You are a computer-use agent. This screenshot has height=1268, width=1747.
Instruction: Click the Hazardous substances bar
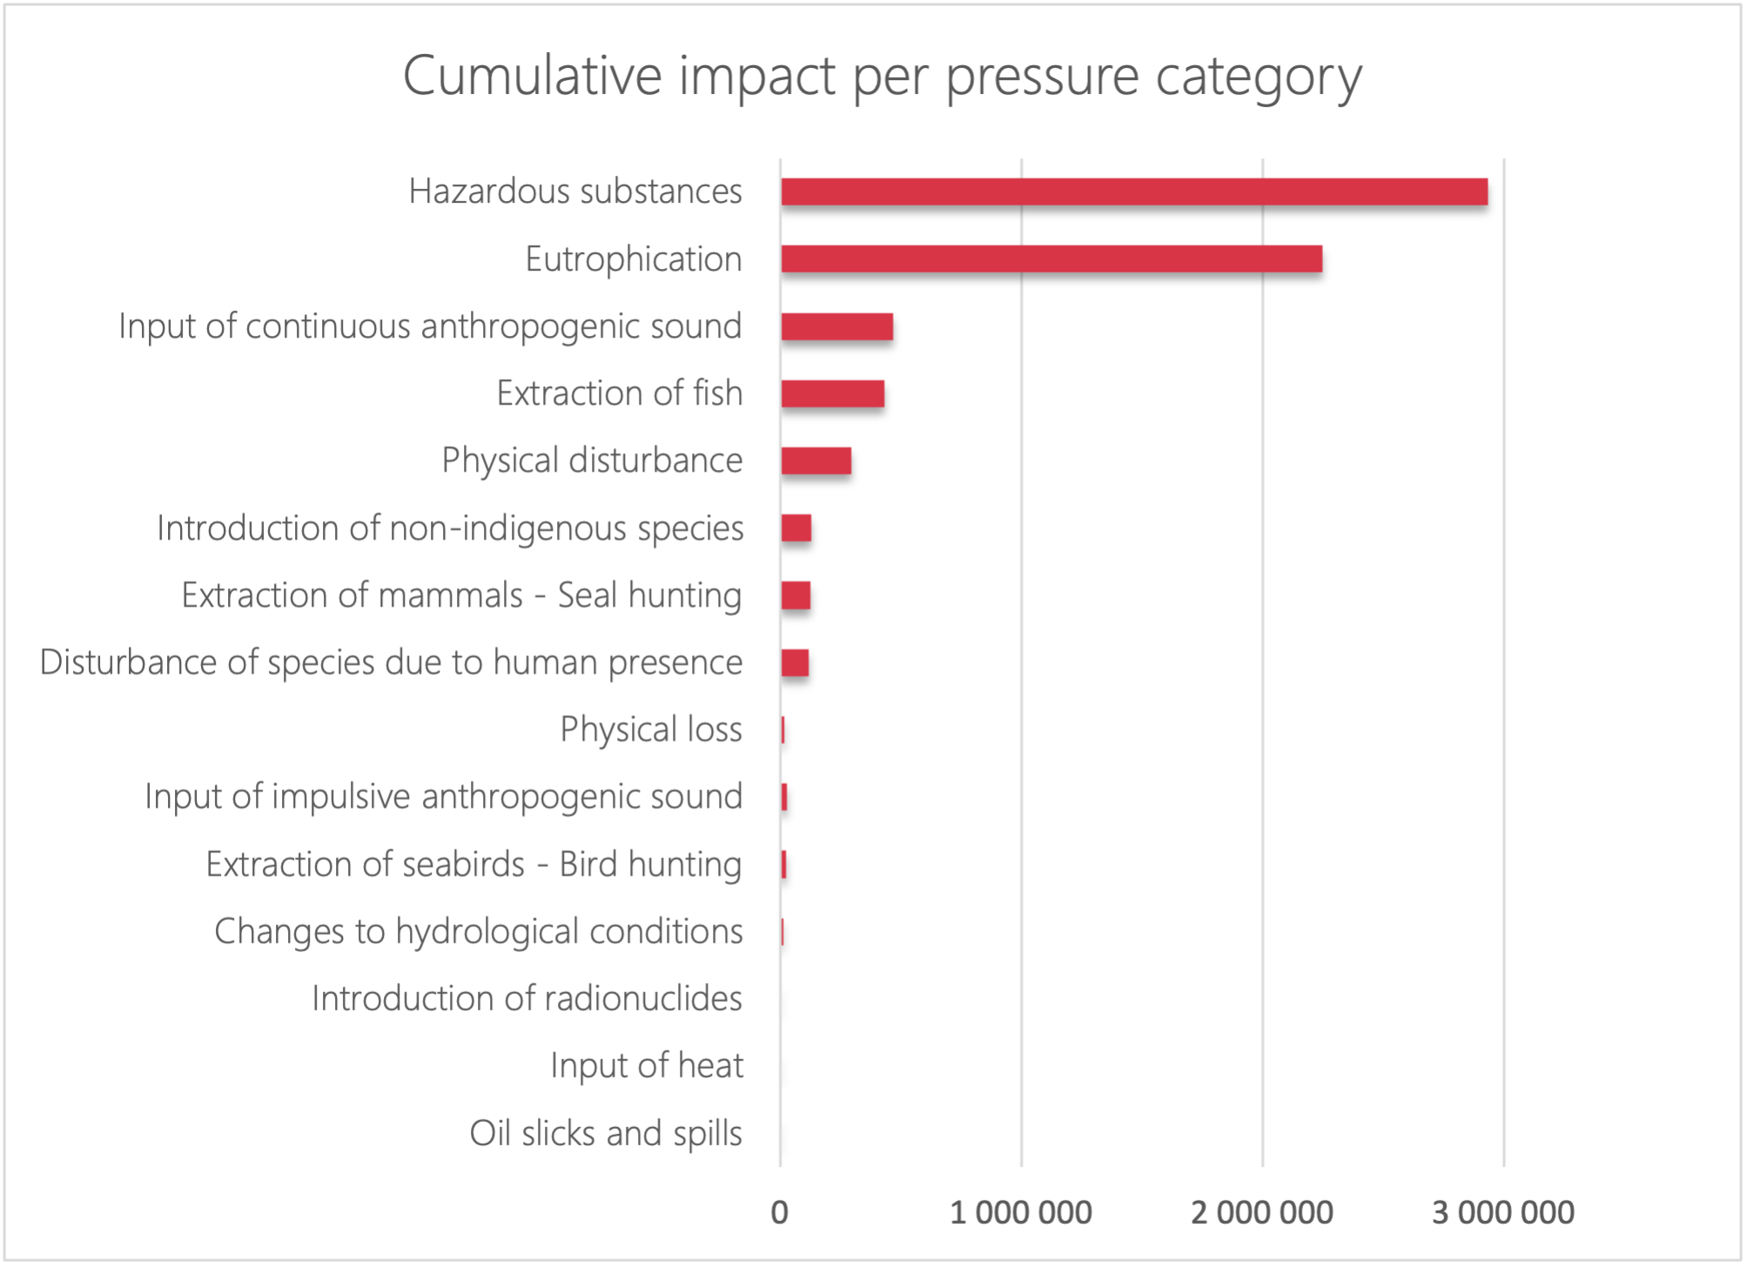(x=1134, y=191)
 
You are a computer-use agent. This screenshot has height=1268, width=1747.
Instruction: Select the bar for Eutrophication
(x=1052, y=258)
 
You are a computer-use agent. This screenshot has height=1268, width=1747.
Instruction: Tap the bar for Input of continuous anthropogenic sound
(x=837, y=326)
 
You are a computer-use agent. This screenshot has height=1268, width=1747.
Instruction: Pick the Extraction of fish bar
(x=833, y=393)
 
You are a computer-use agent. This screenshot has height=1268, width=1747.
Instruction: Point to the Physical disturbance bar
(x=816, y=460)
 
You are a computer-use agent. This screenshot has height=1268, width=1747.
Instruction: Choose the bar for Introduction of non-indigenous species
(x=796, y=528)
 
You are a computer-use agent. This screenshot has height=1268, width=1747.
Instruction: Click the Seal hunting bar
(x=796, y=595)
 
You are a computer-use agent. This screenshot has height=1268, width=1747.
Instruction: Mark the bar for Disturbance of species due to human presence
(x=795, y=662)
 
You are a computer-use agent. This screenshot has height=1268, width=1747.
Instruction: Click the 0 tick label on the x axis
(x=780, y=1212)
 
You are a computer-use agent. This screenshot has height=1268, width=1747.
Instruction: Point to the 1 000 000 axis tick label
(x=1021, y=1212)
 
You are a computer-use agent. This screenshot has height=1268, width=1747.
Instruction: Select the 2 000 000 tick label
(x=1262, y=1212)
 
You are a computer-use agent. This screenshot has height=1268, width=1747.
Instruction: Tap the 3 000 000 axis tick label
(x=1503, y=1212)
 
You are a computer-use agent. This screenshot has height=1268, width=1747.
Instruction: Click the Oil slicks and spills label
(x=607, y=1133)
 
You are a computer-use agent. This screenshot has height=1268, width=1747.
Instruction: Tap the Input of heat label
(x=647, y=1065)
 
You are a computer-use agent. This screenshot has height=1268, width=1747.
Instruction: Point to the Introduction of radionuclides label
(x=527, y=998)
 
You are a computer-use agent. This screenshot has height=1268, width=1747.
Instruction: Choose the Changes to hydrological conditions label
(x=479, y=931)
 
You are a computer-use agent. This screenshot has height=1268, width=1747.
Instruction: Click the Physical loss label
(x=651, y=729)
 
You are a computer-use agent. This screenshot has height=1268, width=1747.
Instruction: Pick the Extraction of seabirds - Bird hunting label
(x=474, y=864)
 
